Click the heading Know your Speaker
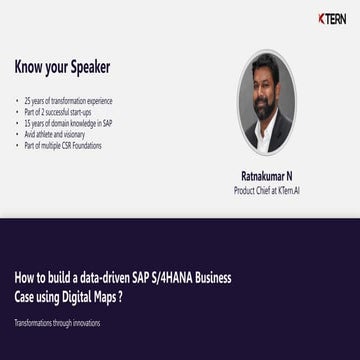(x=62, y=68)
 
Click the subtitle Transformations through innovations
(x=57, y=323)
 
